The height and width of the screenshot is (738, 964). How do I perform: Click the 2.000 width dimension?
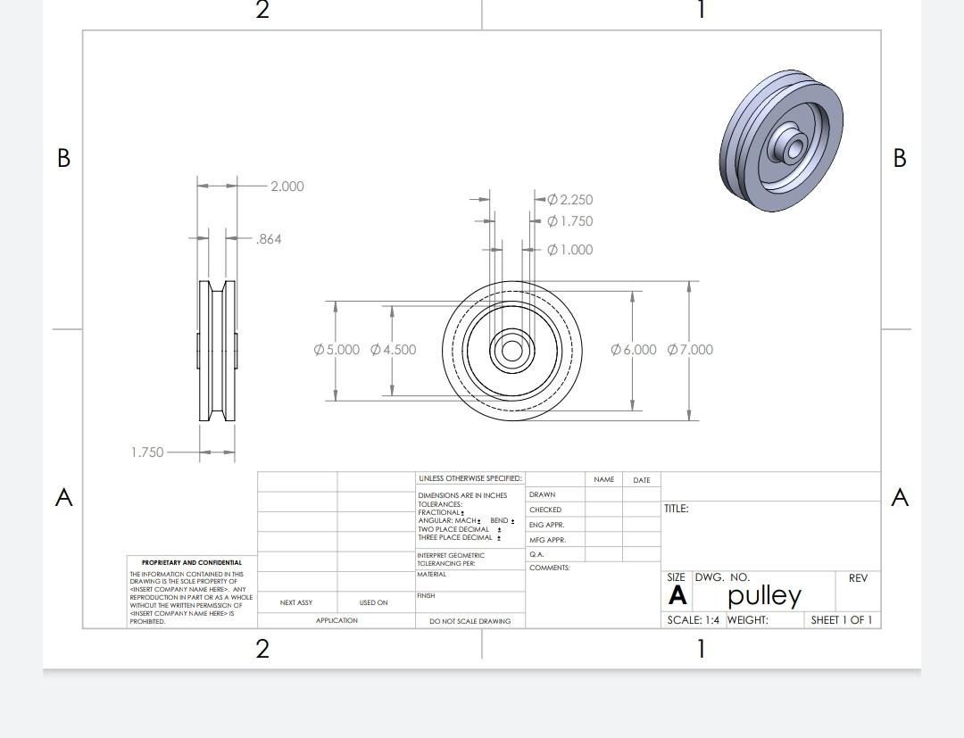(x=287, y=187)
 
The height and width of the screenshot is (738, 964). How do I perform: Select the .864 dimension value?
(x=269, y=239)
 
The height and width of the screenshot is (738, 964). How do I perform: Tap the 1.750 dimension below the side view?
(x=147, y=452)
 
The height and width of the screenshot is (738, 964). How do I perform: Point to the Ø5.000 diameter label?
(x=337, y=350)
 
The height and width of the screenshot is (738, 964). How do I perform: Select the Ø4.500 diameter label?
(x=394, y=350)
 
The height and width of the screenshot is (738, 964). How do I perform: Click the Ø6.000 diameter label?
(x=634, y=350)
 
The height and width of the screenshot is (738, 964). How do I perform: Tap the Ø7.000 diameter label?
(x=690, y=350)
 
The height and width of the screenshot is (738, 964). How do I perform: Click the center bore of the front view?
(x=511, y=350)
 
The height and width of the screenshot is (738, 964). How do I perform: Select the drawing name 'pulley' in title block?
(x=765, y=595)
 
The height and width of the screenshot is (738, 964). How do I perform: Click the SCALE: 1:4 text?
(x=693, y=620)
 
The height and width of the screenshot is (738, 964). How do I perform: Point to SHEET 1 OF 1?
(x=842, y=620)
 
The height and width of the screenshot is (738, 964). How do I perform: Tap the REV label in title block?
(x=858, y=578)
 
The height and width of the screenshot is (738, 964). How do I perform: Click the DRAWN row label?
(x=542, y=494)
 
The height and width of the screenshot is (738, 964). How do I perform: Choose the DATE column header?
(x=641, y=480)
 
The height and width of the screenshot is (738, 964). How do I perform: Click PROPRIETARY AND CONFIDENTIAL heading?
(x=192, y=563)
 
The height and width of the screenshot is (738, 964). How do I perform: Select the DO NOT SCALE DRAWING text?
(x=470, y=621)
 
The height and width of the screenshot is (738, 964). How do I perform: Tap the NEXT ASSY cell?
(x=296, y=603)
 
